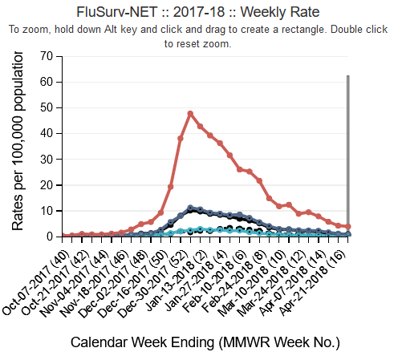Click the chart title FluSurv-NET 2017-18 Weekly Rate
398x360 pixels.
coord(197,12)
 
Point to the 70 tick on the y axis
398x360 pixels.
coord(49,56)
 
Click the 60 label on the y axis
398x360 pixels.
coord(49,82)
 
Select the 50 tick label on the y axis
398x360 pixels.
coord(49,107)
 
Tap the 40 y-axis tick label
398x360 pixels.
coord(49,133)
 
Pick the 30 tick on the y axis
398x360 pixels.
coord(49,159)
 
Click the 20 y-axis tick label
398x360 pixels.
coord(49,185)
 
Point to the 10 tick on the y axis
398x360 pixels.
coord(49,211)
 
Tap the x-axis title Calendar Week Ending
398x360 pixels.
coord(205,342)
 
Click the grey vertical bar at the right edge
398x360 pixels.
coord(347,152)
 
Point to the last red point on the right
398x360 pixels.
coord(348,227)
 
